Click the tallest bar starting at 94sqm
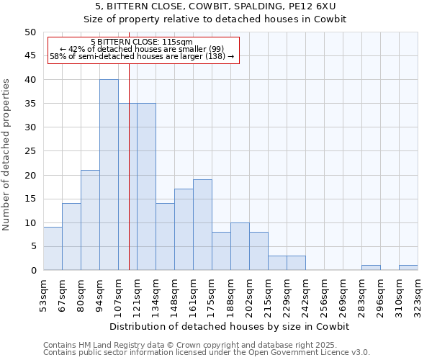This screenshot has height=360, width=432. click(109, 175)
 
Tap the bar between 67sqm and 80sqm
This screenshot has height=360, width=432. click(71, 237)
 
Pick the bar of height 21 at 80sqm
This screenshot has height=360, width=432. click(90, 220)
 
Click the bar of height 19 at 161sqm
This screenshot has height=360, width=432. click(202, 225)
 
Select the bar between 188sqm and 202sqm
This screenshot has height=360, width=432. click(240, 246)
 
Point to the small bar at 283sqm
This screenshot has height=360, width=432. click(371, 268)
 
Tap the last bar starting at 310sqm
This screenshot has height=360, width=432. click(408, 268)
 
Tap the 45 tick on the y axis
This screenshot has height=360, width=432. click(30, 56)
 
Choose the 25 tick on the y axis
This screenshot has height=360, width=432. click(30, 151)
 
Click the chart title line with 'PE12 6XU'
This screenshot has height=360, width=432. click(215, 6)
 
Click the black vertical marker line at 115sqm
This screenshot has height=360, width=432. click(129, 180)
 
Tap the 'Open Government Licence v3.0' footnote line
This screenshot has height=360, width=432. click(207, 353)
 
